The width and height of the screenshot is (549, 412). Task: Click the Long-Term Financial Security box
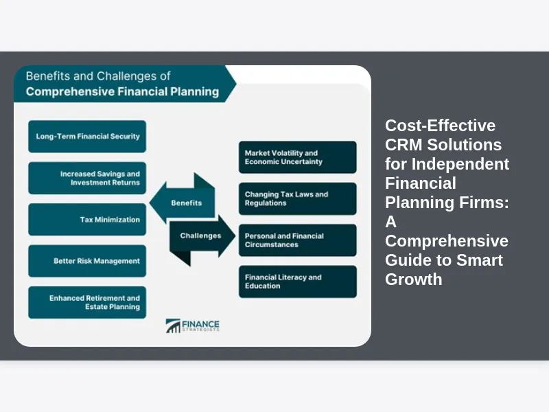pos(87,137)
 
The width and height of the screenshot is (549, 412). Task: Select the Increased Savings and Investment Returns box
pos(87,179)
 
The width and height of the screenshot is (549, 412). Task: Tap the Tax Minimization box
pos(87,220)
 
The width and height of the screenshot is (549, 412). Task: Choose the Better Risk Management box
pos(87,261)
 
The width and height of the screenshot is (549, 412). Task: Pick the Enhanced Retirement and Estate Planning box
pos(87,303)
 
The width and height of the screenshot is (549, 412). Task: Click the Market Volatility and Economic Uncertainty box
pos(297,157)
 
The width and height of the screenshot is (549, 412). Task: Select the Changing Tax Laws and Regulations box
pos(297,198)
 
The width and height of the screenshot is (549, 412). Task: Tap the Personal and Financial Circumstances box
pos(297,240)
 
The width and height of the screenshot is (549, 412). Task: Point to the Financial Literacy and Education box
pos(297,282)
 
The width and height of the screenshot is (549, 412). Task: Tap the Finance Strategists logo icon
pos(173,326)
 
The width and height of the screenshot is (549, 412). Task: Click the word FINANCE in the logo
pos(201,323)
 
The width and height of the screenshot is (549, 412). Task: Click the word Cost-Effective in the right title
pos(440,126)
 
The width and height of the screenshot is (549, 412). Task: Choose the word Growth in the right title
pos(413,279)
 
